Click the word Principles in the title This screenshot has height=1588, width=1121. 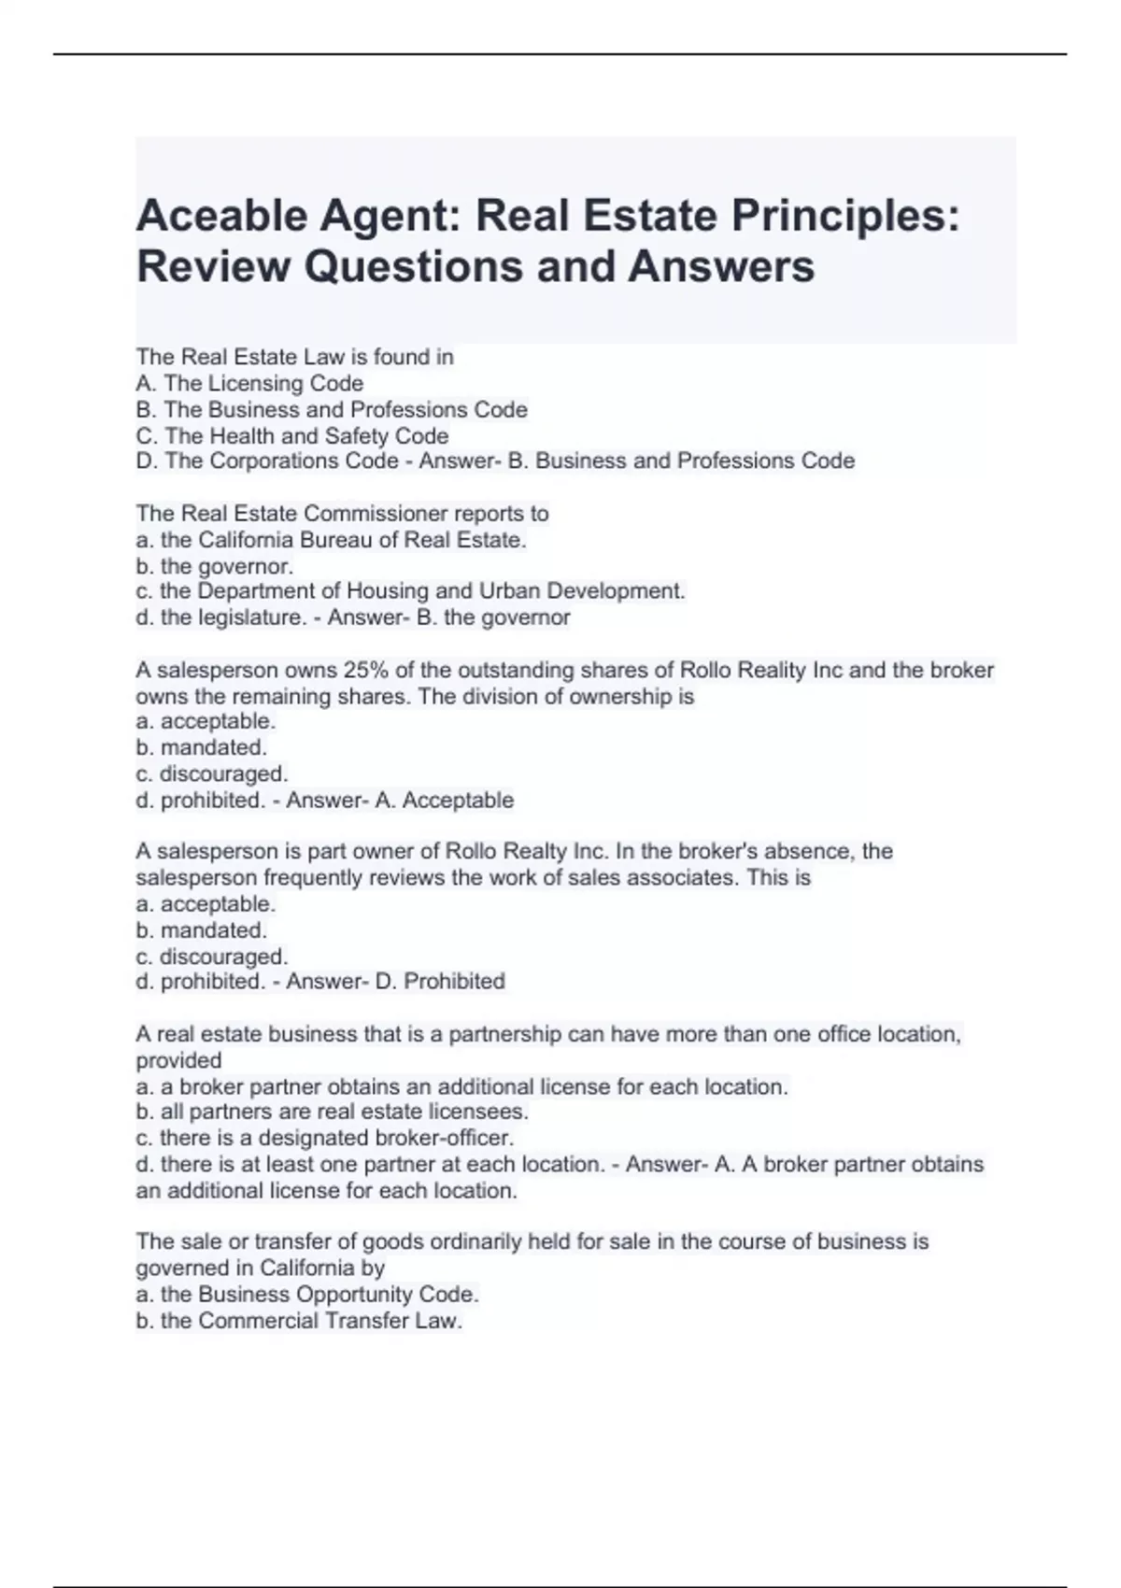click(844, 217)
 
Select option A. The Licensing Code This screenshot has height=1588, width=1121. click(249, 383)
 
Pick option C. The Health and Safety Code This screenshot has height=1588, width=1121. click(291, 435)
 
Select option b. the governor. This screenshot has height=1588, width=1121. click(214, 565)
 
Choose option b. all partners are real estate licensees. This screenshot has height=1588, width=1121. click(332, 1112)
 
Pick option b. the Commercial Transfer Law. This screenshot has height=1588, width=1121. click(299, 1320)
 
